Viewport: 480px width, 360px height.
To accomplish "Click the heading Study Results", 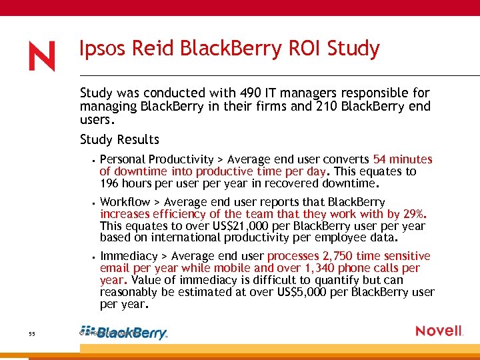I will [x=119, y=139].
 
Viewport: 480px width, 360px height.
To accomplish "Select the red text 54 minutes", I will [x=403, y=159].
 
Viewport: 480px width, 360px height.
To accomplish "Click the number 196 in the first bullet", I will [x=109, y=183].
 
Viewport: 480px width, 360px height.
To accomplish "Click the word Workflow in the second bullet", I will [x=125, y=202].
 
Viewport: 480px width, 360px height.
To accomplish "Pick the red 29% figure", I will [x=414, y=214].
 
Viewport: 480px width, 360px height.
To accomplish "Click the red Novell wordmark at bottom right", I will [x=439, y=331].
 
